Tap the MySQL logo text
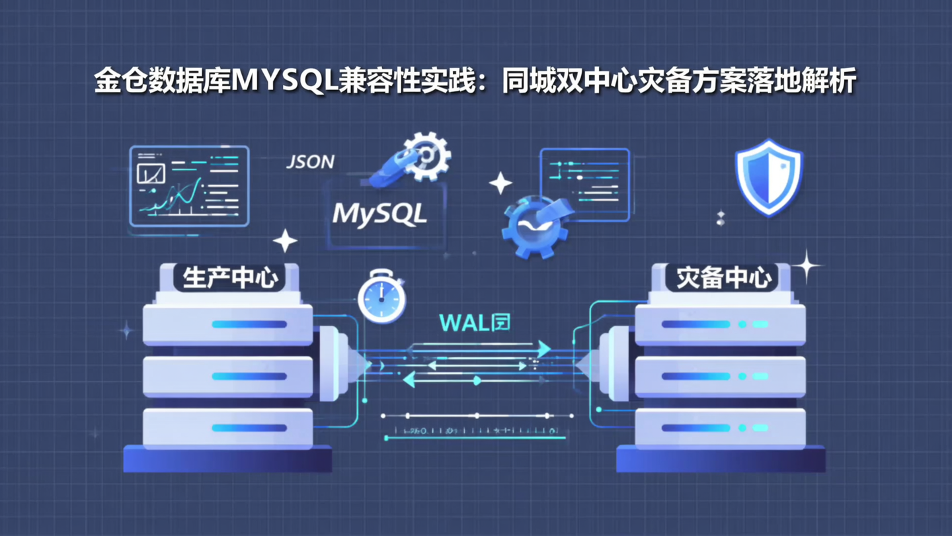[x=380, y=213]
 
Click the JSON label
[x=310, y=161]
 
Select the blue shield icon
[x=769, y=177]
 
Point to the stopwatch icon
[x=381, y=296]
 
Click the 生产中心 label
[x=229, y=278]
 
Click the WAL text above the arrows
[x=464, y=323]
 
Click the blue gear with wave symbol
[x=535, y=227]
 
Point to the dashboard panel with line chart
[x=189, y=186]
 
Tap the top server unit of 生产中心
[x=227, y=324]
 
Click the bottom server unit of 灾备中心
[x=721, y=428]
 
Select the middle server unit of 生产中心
[x=227, y=376]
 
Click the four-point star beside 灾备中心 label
[x=807, y=267]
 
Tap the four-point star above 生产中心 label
[x=285, y=241]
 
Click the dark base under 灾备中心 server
[x=721, y=459]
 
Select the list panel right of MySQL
[x=585, y=184]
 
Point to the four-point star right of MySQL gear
[x=500, y=183]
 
